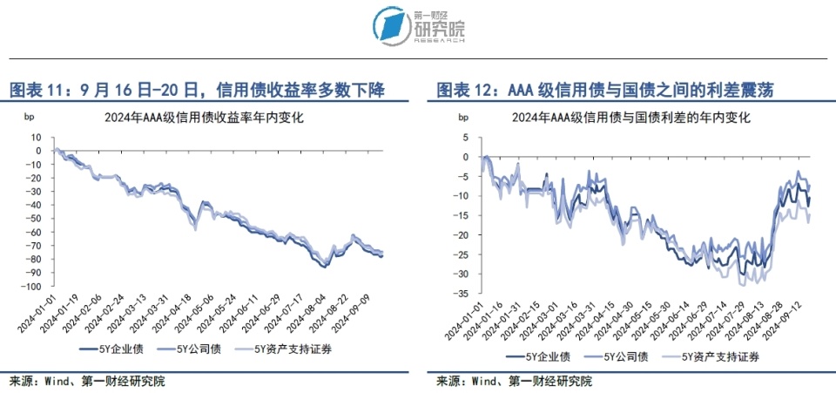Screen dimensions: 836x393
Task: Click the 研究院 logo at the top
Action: coord(419,24)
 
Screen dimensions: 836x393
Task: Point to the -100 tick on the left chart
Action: coord(31,287)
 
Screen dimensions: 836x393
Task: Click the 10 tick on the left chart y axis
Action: coord(37,137)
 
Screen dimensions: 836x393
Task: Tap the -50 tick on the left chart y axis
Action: coord(33,219)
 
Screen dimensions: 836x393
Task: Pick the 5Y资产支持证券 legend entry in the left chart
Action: coord(289,349)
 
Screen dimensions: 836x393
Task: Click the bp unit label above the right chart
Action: coord(462,118)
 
